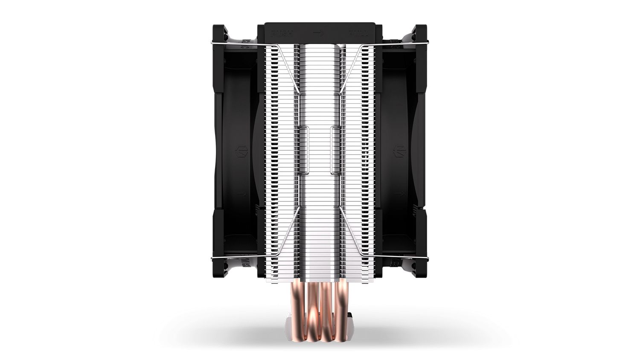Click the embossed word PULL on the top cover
click(x=356, y=32)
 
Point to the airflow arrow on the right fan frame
click(x=399, y=193)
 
